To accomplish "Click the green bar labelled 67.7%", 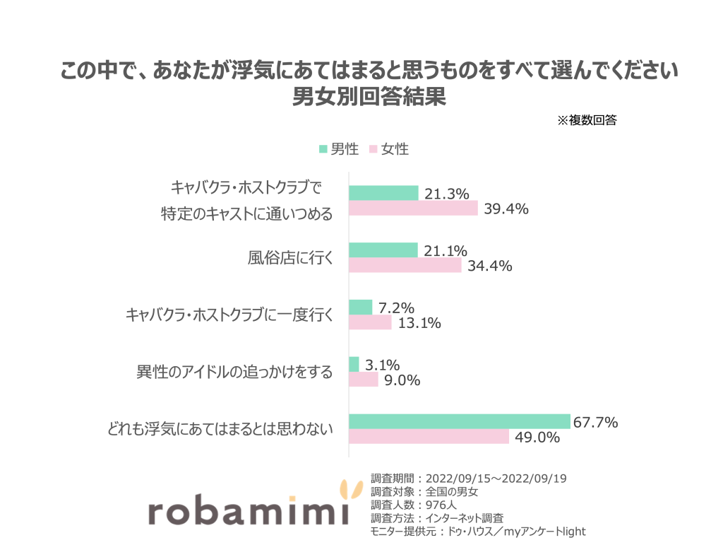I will tap(459, 421).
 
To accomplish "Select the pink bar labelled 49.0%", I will tap(429, 437).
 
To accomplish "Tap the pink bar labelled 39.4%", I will tap(413, 209).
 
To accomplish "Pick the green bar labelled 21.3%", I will tap(383, 193).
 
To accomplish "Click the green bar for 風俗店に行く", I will tap(383, 250).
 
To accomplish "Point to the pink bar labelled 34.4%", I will tap(405, 266).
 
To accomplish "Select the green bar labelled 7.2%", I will tap(360, 307).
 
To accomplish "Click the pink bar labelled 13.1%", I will tap(370, 322).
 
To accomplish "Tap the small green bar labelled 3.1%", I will tap(354, 364).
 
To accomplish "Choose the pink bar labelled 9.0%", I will tap(364, 380).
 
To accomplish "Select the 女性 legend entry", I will tap(388, 149).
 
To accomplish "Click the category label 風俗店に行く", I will tap(285, 259).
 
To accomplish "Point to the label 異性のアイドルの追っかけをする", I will tap(234, 373).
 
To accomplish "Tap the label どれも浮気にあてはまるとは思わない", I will tap(220, 429).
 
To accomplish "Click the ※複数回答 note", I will tap(587, 120).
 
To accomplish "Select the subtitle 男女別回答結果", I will tap(369, 96).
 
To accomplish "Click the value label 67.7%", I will tap(595, 423).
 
